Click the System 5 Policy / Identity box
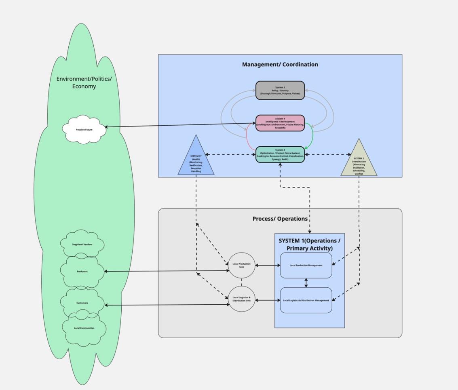coord(280,91)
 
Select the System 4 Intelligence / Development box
coord(280,123)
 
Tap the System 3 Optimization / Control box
coord(280,154)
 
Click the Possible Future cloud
coord(84,130)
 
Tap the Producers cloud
coord(82,272)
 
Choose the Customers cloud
coord(82,303)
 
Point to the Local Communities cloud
coord(84,328)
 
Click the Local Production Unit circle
coord(242,266)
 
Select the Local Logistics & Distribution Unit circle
coord(242,299)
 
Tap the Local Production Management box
coord(306,266)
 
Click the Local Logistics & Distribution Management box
coord(306,300)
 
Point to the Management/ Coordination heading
coord(280,64)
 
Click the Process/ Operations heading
coord(280,219)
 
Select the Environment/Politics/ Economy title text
coord(84,82)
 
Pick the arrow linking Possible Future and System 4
coord(180,125)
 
